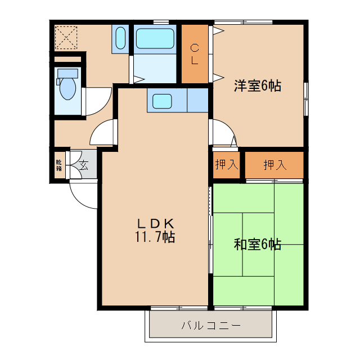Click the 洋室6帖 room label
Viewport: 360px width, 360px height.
tap(258, 86)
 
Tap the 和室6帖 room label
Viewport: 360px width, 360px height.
tap(258, 245)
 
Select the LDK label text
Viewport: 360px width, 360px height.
tap(154, 222)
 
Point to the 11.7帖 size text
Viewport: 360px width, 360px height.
tap(154, 237)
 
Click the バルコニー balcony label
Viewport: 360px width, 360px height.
tap(211, 326)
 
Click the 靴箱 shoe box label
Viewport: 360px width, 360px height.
tap(59, 164)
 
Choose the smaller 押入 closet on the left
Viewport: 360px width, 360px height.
tap(227, 165)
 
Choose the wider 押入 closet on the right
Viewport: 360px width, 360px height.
tap(274, 165)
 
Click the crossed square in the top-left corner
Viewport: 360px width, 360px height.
tap(66, 38)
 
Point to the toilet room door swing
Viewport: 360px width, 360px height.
tap(93, 101)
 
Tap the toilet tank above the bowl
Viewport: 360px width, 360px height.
tap(67, 73)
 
